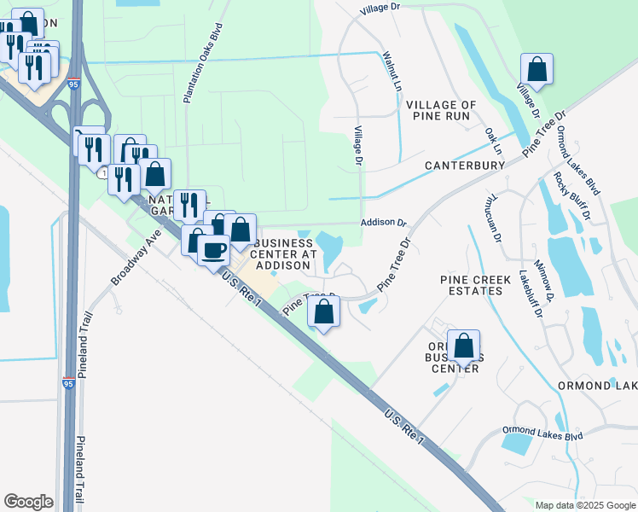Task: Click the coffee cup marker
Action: click(x=213, y=250)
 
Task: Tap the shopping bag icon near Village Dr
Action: click(x=536, y=68)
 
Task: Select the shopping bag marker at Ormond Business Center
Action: click(x=463, y=346)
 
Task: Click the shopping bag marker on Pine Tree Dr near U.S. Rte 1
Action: click(x=324, y=311)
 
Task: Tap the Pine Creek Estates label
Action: click(x=471, y=285)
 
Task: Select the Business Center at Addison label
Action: click(x=285, y=254)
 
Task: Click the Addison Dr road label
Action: click(x=385, y=222)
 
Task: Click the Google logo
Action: click(x=28, y=502)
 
